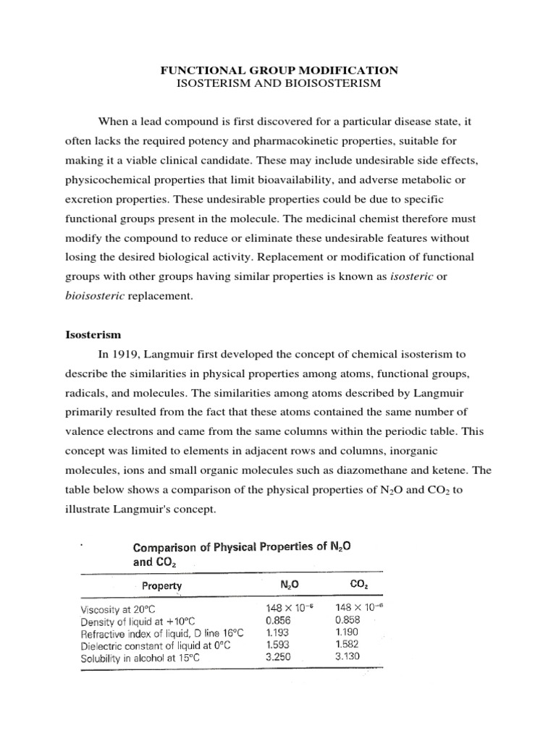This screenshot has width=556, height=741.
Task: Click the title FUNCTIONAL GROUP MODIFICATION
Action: (278, 70)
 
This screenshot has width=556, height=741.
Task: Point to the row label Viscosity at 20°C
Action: (124, 609)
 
